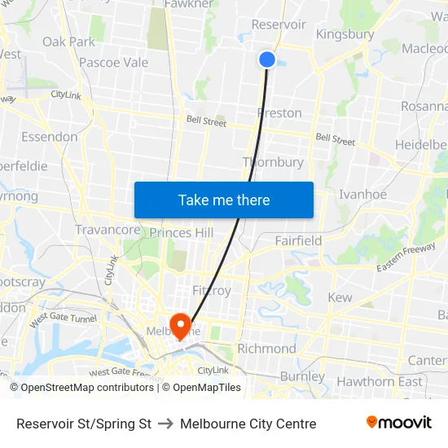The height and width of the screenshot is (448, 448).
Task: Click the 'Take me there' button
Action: pyautogui.click(x=224, y=200)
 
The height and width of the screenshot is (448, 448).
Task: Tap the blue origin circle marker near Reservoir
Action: pyautogui.click(x=267, y=59)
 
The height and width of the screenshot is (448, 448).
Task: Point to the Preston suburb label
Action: pyautogui.click(x=279, y=113)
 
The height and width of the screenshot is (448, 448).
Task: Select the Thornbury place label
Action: pyautogui.click(x=273, y=162)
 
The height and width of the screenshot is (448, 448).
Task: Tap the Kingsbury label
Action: pyautogui.click(x=345, y=34)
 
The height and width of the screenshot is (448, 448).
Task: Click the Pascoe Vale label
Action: pyautogui.click(x=113, y=63)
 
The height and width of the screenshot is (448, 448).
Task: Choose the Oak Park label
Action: pyautogui.click(x=68, y=42)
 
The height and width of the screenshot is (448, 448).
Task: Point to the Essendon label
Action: pyautogui.click(x=49, y=137)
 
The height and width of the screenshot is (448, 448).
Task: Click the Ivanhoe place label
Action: pyautogui.click(x=362, y=195)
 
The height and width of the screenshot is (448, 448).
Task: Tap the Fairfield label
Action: pyautogui.click(x=298, y=241)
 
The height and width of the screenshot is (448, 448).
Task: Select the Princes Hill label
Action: pyautogui.click(x=182, y=233)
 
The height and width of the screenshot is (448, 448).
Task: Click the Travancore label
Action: pyautogui.click(x=108, y=231)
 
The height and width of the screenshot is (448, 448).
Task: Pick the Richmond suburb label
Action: pyautogui.click(x=266, y=349)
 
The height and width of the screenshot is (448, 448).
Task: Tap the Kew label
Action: pyautogui.click(x=340, y=298)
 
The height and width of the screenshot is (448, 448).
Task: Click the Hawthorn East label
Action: pyautogui.click(x=380, y=381)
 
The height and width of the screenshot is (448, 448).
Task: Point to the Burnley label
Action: pyautogui.click(x=302, y=376)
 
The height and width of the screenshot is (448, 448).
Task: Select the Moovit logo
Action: pyautogui.click(x=398, y=423)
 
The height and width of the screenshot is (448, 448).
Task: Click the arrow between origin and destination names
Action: pyautogui.click(x=165, y=424)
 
